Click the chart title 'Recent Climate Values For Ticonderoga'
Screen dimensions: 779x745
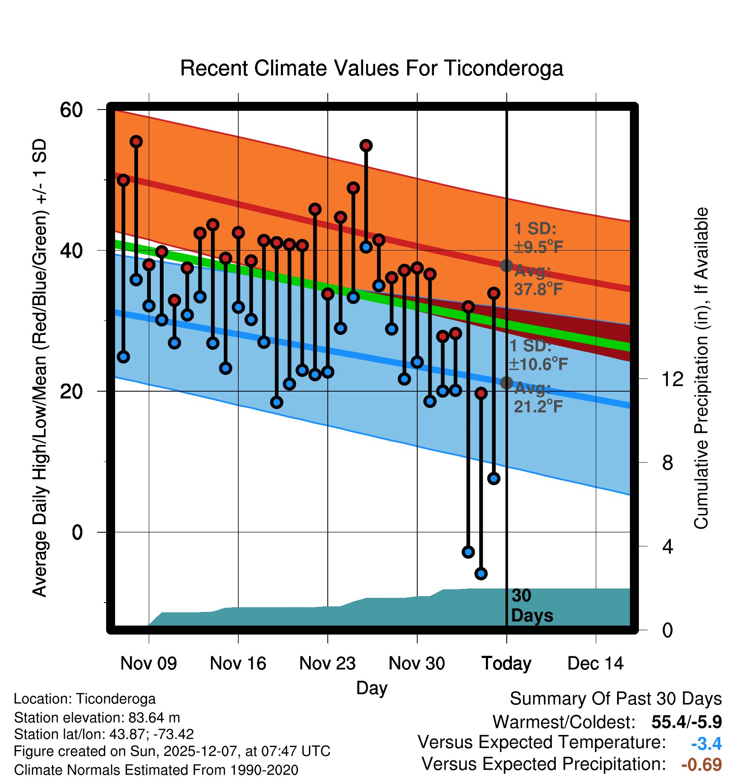click(372, 68)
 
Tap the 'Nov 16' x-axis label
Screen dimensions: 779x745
click(238, 663)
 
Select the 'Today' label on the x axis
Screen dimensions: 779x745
click(506, 663)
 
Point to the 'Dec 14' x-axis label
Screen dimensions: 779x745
click(595, 663)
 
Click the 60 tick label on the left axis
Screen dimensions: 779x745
click(71, 110)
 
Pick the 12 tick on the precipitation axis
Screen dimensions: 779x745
click(673, 379)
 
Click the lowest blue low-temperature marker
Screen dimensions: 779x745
click(481, 574)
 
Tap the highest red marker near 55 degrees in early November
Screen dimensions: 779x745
click(136, 141)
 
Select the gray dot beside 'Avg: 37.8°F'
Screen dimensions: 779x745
click(506, 265)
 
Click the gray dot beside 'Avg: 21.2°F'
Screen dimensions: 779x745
click(506, 383)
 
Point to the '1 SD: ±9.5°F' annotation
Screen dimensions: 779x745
click(538, 238)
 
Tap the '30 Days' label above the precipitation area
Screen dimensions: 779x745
click(532, 606)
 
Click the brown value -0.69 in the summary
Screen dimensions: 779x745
click(702, 765)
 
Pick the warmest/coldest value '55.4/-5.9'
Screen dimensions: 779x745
click(686, 722)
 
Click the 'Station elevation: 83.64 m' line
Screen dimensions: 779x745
click(97, 718)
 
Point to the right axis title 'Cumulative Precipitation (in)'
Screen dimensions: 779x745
click(701, 369)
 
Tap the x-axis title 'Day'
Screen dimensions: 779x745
click(372, 688)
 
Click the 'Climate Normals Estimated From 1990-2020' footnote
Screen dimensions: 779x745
click(156, 770)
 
